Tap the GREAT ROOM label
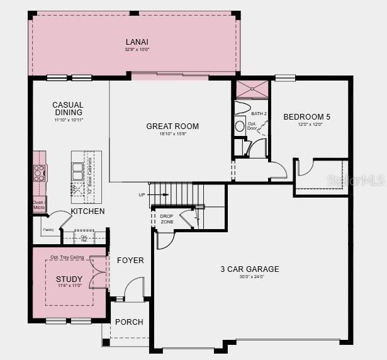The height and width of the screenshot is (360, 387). coord(172,127)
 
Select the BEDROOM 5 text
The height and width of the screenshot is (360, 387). coord(306,116)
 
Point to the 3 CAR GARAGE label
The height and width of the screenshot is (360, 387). coord(249,269)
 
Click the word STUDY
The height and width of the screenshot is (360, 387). coord(69,279)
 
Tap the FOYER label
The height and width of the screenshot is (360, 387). coord(130,260)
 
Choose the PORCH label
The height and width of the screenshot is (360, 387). coord(128,322)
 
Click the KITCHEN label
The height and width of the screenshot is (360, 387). coord(87,211)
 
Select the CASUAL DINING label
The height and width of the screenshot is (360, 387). coord(68,109)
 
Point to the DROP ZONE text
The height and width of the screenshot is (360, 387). coord(167,219)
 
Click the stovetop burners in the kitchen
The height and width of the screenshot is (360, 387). coord(40,172)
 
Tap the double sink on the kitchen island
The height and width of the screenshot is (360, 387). coord(78,168)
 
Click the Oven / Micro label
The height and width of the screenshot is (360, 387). coord(38,205)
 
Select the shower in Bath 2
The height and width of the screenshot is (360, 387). coord(252,89)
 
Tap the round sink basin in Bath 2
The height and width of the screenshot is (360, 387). coord(240,126)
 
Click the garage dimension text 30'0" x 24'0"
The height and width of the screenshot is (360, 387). coord(249,278)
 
